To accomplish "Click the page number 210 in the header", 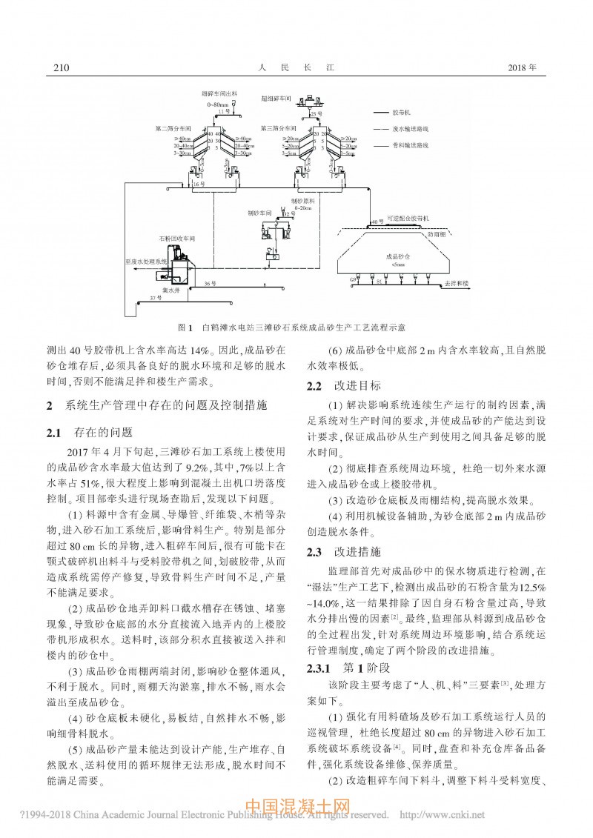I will [62, 68].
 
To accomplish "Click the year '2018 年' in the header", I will [523, 68].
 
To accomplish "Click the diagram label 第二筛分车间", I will [174, 128].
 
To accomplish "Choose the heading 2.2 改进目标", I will [344, 385].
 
